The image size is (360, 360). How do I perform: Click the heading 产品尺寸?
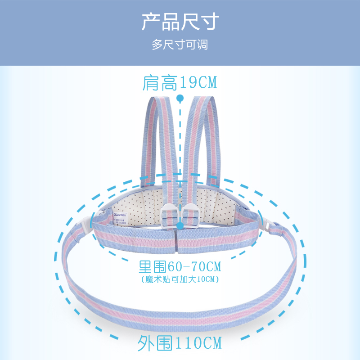[x=180, y=22]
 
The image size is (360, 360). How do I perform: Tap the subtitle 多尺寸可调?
[x=180, y=45]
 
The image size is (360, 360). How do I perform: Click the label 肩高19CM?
[x=180, y=83]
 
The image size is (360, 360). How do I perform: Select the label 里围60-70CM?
[x=180, y=266]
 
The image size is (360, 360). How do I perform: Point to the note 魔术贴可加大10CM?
[x=180, y=279]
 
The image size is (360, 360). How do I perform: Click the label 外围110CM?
[x=180, y=343]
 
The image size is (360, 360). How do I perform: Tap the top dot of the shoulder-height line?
[x=180, y=98]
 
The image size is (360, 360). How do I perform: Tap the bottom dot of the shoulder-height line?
[x=180, y=226]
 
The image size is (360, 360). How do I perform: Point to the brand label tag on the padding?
[x=120, y=219]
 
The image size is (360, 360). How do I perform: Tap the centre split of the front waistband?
[x=177, y=241]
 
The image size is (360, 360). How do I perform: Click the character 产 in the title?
[x=151, y=22]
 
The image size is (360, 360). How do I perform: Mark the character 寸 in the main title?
[x=210, y=22]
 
